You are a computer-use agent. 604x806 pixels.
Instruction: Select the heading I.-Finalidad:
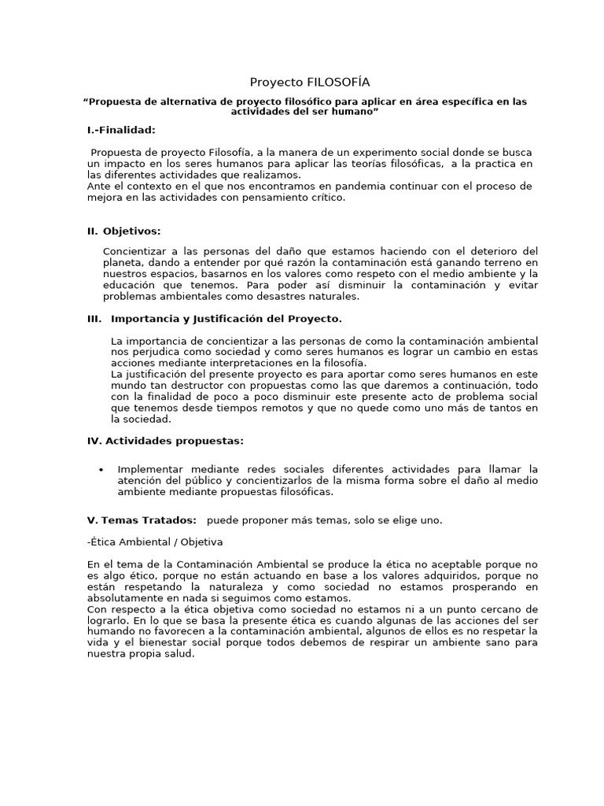(x=121, y=129)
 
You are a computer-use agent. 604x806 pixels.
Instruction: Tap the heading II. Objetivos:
(x=123, y=231)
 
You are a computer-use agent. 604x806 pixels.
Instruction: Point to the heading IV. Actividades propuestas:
(x=165, y=441)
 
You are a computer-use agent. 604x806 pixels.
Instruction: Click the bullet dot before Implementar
(x=101, y=470)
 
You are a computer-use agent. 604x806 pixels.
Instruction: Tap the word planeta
(x=123, y=262)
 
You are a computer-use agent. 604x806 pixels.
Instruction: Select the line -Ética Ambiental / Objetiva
(x=155, y=542)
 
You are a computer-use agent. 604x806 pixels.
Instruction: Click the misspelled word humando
(x=112, y=631)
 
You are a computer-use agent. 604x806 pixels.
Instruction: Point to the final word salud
(x=177, y=653)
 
